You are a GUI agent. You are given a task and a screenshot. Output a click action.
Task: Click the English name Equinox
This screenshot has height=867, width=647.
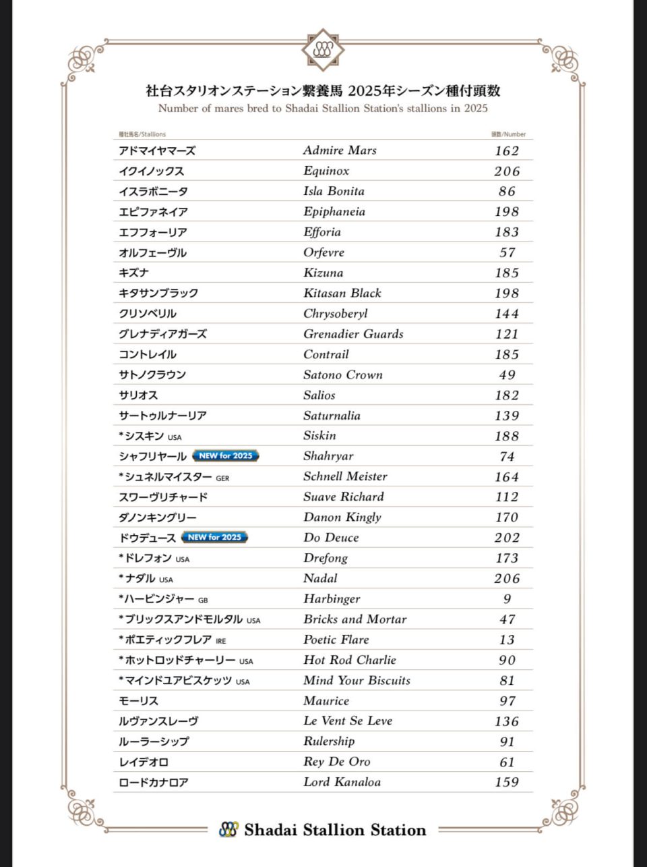(x=326, y=171)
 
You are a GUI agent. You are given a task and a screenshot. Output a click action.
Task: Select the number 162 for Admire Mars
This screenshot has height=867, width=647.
(x=507, y=150)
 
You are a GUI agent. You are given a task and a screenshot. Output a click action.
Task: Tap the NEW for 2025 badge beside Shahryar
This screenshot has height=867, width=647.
(x=226, y=456)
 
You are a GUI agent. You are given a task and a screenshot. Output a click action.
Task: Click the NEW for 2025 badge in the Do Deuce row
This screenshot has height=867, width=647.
(x=214, y=538)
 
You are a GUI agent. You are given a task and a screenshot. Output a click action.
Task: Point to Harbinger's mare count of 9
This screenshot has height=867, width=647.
(x=507, y=599)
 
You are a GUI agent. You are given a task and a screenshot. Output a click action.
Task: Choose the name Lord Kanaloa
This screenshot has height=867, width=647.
(x=342, y=782)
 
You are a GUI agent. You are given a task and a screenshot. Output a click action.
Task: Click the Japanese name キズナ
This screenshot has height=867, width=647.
(x=133, y=273)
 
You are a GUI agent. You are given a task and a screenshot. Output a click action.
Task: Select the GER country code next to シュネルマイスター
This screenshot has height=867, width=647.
(x=222, y=478)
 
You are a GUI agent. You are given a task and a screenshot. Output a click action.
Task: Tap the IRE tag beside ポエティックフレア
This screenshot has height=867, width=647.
(x=221, y=641)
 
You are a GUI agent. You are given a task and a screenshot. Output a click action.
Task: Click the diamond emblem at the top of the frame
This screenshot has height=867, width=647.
(x=323, y=49)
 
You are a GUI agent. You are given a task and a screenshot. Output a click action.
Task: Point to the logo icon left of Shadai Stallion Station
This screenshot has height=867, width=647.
(x=228, y=829)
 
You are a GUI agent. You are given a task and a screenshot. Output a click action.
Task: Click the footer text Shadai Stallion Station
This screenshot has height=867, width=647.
(x=335, y=830)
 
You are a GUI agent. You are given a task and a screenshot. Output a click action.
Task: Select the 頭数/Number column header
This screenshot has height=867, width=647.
(x=508, y=134)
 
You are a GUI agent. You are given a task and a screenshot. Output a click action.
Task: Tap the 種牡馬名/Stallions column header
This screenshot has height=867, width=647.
(x=142, y=134)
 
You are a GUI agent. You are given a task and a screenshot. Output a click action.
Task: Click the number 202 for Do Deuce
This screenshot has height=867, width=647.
(x=507, y=538)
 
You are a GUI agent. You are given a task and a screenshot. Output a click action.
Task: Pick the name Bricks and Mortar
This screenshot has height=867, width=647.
(x=355, y=619)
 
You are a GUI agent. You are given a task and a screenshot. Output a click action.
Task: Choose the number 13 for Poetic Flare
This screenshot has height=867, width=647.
(x=507, y=640)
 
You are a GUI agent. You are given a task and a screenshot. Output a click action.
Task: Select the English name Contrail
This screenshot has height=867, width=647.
(x=326, y=354)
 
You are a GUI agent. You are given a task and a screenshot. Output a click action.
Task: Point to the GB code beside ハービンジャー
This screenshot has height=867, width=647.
(x=203, y=600)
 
